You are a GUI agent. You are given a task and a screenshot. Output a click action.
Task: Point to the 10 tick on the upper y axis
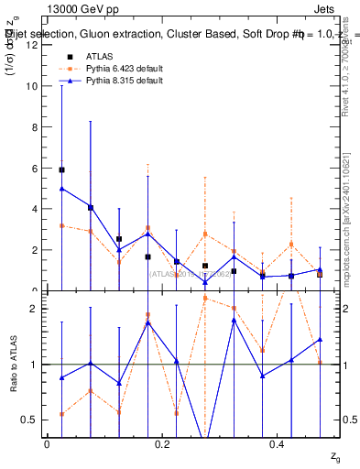(x=32, y=86)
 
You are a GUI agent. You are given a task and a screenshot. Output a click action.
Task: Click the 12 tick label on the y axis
(x=32, y=45)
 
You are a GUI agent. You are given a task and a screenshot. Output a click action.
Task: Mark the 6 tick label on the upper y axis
(x=35, y=169)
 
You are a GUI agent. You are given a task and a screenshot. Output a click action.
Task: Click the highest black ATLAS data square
(x=61, y=169)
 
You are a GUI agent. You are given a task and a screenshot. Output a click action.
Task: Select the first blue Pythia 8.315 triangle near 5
(x=61, y=188)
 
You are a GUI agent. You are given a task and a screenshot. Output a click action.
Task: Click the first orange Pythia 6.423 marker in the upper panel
(x=61, y=225)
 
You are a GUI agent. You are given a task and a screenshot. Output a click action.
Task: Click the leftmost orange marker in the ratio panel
(x=61, y=414)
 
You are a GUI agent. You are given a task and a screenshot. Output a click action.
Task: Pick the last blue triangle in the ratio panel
(x=320, y=339)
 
